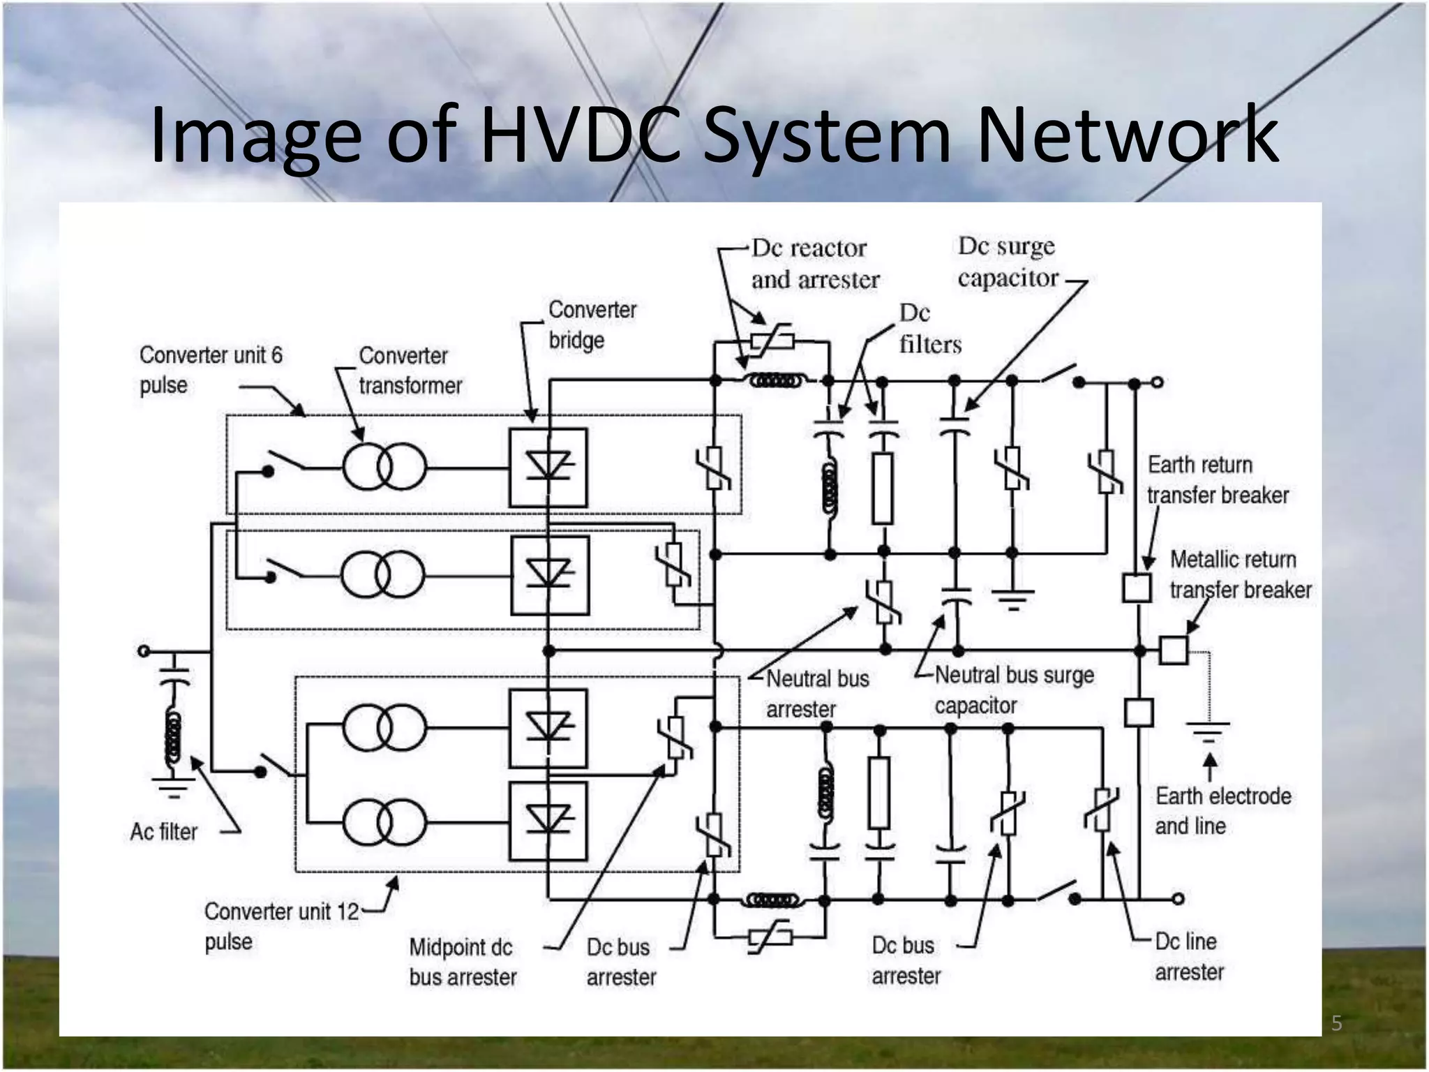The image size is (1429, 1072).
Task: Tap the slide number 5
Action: click(1336, 1023)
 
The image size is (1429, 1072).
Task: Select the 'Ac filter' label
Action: click(164, 832)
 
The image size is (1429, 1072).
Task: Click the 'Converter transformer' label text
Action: click(410, 371)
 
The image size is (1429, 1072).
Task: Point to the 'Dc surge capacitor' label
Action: click(1008, 262)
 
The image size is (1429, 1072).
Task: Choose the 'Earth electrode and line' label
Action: click(1222, 811)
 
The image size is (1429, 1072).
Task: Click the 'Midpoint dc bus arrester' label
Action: click(463, 962)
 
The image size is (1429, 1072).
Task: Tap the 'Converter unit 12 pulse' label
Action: click(280, 926)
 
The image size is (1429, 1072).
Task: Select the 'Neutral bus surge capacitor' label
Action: click(1013, 690)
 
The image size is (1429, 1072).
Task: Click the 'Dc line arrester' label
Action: click(1189, 957)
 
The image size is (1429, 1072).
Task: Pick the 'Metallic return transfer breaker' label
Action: click(1240, 574)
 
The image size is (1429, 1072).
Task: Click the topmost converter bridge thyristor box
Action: click(548, 467)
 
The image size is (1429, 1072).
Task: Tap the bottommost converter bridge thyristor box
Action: click(548, 821)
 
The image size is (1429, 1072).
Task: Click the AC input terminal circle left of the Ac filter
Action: click(144, 651)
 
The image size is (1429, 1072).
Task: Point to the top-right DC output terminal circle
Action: click(1157, 382)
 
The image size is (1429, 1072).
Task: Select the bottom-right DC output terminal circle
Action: click(1178, 899)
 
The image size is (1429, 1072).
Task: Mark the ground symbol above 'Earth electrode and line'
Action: click(1209, 732)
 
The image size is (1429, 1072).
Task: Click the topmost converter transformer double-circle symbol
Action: click(384, 467)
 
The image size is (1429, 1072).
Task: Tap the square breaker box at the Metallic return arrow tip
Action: click(1173, 650)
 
